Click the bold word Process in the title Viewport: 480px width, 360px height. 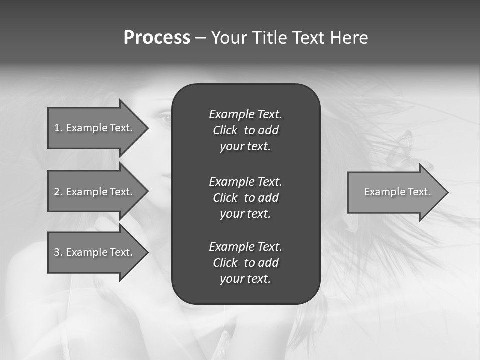point(157,38)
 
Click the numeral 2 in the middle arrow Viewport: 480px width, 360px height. point(57,192)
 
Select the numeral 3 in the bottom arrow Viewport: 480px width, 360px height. point(57,252)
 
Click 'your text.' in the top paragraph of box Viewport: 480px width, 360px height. point(245,147)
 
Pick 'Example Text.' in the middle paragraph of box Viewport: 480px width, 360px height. point(245,181)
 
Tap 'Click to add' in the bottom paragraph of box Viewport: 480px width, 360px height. point(245,263)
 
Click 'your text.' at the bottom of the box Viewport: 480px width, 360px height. point(245,279)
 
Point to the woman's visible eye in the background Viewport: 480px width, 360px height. point(165,118)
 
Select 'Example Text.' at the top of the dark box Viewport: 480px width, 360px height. point(245,114)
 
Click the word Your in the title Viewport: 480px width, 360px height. point(230,38)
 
